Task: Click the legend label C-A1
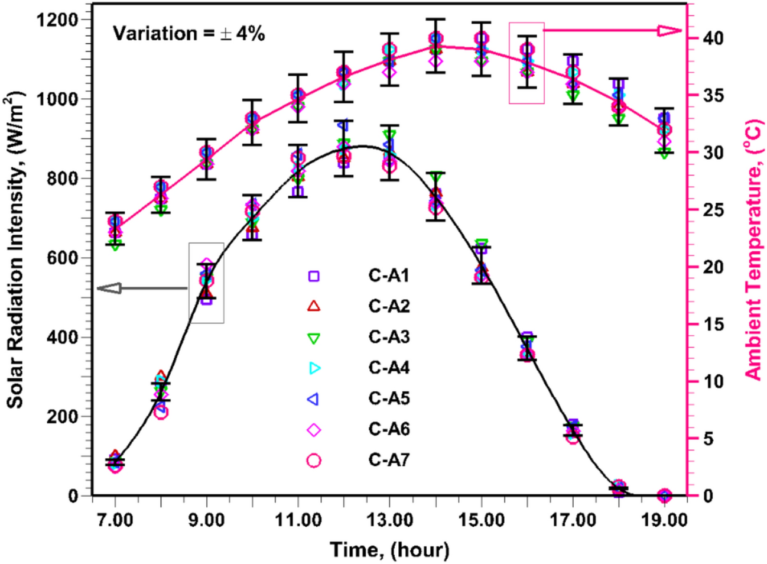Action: coord(388,275)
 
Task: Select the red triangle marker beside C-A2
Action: coord(314,306)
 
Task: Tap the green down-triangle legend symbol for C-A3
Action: coord(314,338)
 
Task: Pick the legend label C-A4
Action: coord(388,368)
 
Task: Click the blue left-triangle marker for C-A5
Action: coord(313,399)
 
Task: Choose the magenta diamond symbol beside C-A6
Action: coord(314,430)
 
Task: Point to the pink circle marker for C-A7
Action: coord(314,460)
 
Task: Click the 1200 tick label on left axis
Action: coord(57,20)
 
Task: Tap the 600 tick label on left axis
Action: coord(63,258)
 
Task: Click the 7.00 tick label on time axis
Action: coord(115,521)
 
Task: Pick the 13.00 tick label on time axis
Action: coord(389,521)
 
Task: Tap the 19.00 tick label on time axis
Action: coord(664,521)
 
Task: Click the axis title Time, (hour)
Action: coord(389,549)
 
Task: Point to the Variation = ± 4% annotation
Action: coord(188,34)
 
